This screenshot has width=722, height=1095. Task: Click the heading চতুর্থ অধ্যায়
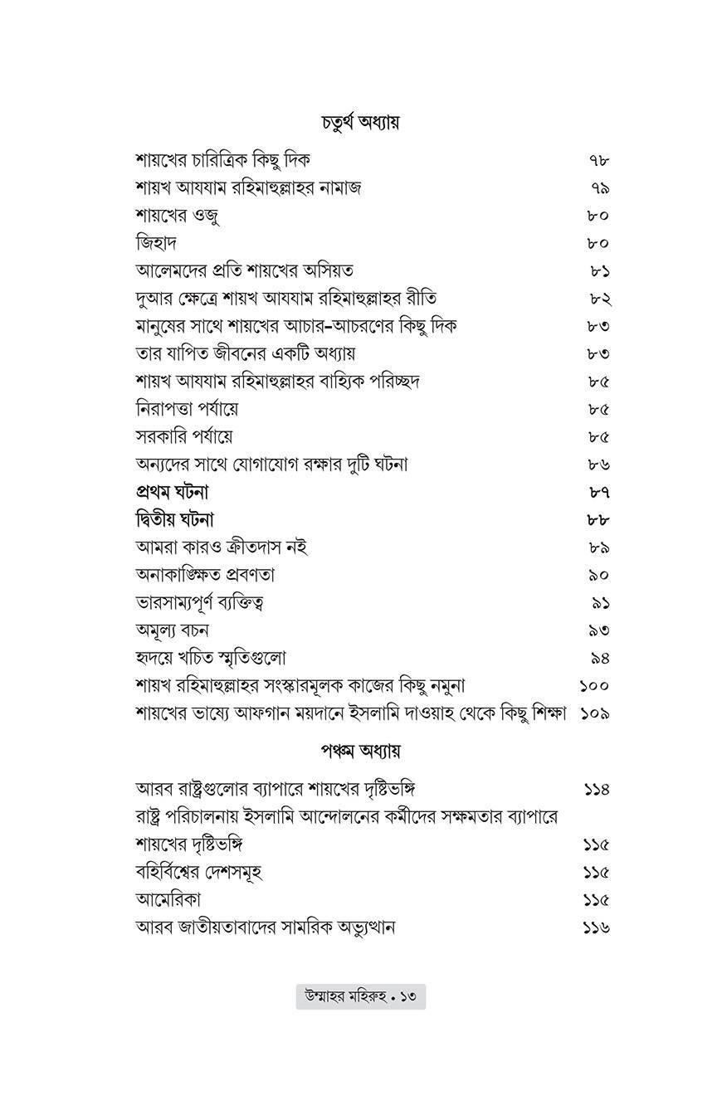[x=361, y=123]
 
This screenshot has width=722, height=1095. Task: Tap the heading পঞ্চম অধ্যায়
[x=361, y=752]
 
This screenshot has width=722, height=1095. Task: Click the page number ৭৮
[x=598, y=160]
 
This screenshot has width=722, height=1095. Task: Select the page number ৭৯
[x=598, y=188]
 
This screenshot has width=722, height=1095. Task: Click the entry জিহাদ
[x=156, y=243]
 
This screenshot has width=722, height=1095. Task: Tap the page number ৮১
[x=598, y=271]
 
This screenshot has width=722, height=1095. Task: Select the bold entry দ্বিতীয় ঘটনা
[x=175, y=520]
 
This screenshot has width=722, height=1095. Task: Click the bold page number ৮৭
[x=598, y=493]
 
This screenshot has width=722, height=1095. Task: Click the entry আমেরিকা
[x=168, y=899]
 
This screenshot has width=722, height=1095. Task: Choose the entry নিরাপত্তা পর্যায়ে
[x=187, y=409]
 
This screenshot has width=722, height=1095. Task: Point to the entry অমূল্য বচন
[x=172, y=630]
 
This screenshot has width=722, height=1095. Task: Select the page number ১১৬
[x=596, y=927]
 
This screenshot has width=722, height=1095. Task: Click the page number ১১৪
[x=596, y=789]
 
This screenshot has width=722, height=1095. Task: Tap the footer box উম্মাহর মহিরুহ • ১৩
[x=361, y=996]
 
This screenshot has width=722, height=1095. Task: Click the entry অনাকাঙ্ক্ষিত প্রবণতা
[x=205, y=575]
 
